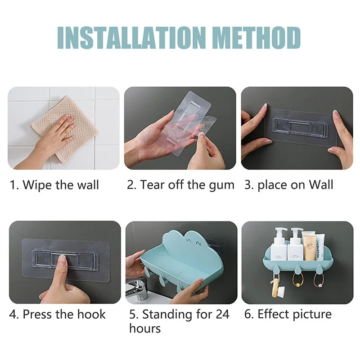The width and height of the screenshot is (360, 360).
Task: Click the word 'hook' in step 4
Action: click(91, 314)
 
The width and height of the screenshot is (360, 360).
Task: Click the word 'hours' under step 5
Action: click(145, 328)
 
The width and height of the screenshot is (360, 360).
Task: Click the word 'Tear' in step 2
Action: click(150, 185)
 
